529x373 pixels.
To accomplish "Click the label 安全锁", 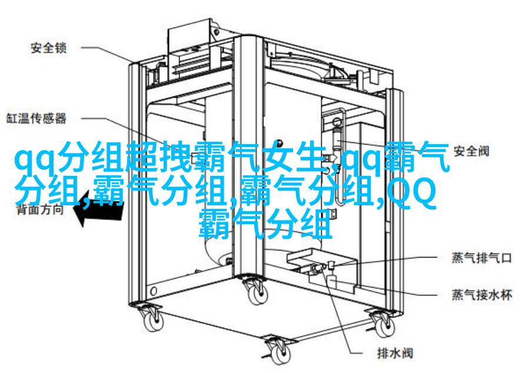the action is (x=49, y=48).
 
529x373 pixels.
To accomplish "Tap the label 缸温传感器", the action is (x=36, y=118).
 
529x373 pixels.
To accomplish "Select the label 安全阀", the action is (x=471, y=151).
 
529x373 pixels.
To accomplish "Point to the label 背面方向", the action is (x=40, y=209).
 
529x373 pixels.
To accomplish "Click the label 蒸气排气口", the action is (x=482, y=258).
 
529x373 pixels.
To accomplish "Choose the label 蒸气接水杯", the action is (x=482, y=295).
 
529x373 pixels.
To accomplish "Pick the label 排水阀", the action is (x=395, y=353).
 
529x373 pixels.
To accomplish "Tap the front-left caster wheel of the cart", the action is (x=154, y=321).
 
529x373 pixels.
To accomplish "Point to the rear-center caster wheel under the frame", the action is (x=257, y=294).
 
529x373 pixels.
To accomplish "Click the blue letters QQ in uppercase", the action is (x=411, y=193).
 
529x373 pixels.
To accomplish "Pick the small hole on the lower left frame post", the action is (x=154, y=291).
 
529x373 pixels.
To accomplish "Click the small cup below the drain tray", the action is (x=332, y=282).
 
